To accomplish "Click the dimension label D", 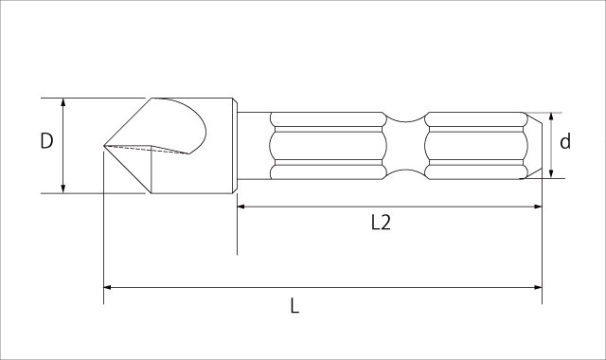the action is pyautogui.click(x=46, y=141).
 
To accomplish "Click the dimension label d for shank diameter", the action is pyautogui.click(x=565, y=141).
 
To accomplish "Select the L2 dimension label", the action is pyautogui.click(x=381, y=223).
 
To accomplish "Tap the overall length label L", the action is pyautogui.click(x=294, y=305).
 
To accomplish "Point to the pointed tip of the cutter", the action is pyautogui.click(x=104, y=145).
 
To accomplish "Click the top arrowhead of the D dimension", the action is pyautogui.click(x=63, y=102).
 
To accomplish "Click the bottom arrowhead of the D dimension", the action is pyautogui.click(x=63, y=189).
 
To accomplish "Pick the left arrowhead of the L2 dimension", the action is pyautogui.click(x=241, y=207).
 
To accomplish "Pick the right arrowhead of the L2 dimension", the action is pyautogui.click(x=538, y=207).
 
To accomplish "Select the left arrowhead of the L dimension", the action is pyautogui.click(x=108, y=287).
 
